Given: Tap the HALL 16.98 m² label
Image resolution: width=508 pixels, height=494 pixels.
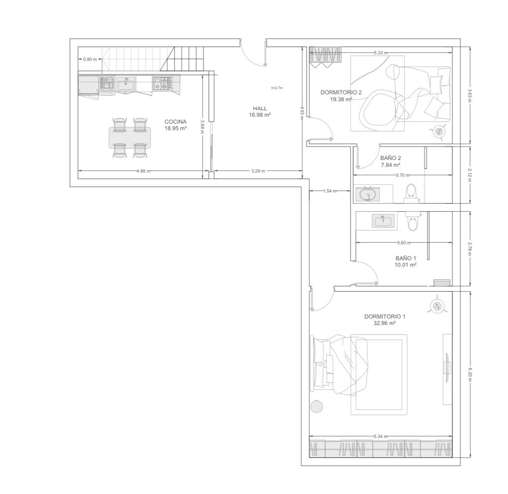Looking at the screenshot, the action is click(x=260, y=112).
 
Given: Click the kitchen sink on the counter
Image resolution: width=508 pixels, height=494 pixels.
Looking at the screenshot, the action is click(x=125, y=84).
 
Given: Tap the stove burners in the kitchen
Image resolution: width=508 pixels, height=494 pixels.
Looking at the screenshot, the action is click(x=162, y=83).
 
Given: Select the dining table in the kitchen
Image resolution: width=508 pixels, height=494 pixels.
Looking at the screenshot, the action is click(x=130, y=138).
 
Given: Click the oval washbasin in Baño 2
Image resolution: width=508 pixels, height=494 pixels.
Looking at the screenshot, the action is click(x=367, y=195).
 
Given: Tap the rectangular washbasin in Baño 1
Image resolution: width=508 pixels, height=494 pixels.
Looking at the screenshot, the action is click(x=383, y=221).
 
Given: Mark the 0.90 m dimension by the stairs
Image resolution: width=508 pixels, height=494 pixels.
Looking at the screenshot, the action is click(x=90, y=60).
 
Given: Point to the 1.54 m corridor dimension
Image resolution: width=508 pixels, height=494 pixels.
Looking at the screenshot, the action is click(x=330, y=191).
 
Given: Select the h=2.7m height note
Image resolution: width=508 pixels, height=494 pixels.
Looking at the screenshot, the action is click(x=277, y=88).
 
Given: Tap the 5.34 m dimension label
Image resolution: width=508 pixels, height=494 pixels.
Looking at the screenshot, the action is click(x=381, y=436).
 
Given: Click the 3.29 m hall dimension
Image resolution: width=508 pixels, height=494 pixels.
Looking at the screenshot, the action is click(x=258, y=171).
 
